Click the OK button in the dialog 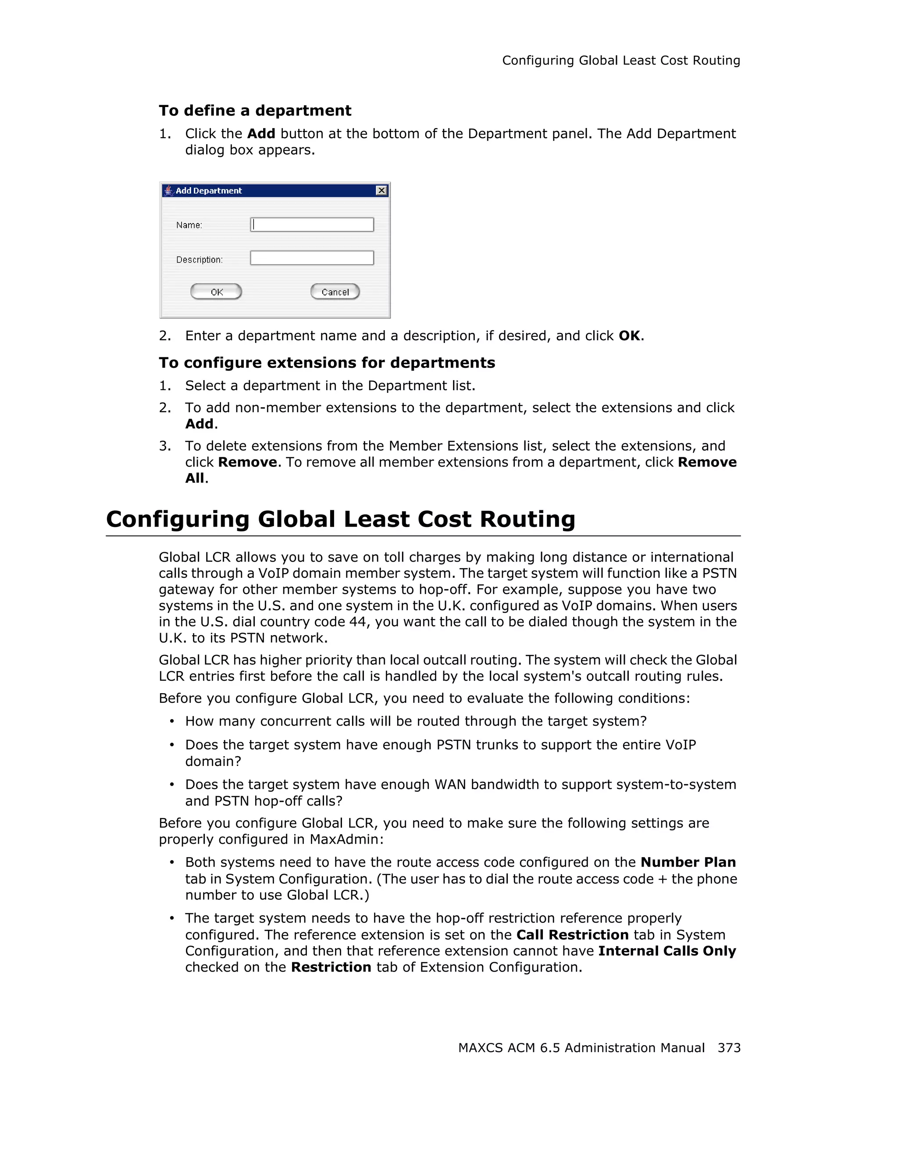pos(216,292)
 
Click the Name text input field pos(312,225)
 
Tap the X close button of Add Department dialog pos(381,191)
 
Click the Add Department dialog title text pos(208,191)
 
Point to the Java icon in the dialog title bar pos(168,190)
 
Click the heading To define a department pos(255,110)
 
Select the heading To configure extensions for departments pos(327,363)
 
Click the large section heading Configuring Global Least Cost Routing pos(341,519)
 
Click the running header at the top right pos(621,61)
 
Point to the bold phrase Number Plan pos(688,862)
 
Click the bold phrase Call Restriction pos(572,935)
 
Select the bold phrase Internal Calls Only pos(667,951)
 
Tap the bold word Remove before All pos(707,462)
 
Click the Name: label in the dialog pos(189,225)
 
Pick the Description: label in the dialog pos(200,260)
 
